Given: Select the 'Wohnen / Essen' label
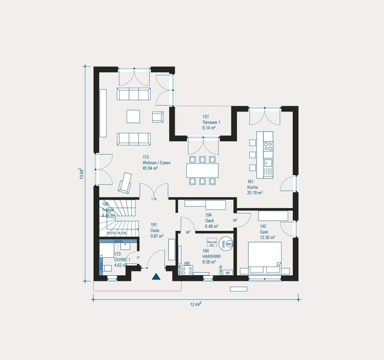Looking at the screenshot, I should point(156,163).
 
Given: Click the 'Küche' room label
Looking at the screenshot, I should point(254,187).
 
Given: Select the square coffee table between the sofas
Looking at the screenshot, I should point(133,116).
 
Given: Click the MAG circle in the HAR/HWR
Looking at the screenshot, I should point(230,244).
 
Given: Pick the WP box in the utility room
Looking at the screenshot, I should point(228,273).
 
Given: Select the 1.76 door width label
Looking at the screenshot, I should point(154,199).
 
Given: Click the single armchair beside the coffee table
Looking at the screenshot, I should point(157,117).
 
